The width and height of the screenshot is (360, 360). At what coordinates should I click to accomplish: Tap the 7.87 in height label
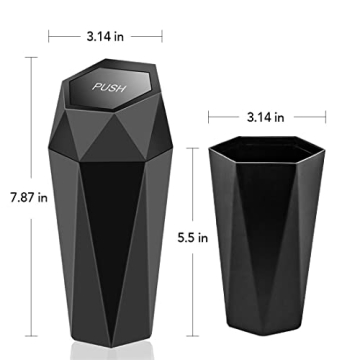pyautogui.click(x=22, y=197)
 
